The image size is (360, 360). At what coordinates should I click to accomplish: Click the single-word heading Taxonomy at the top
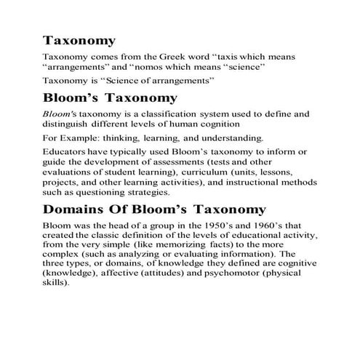pyautogui.click(x=79, y=39)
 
